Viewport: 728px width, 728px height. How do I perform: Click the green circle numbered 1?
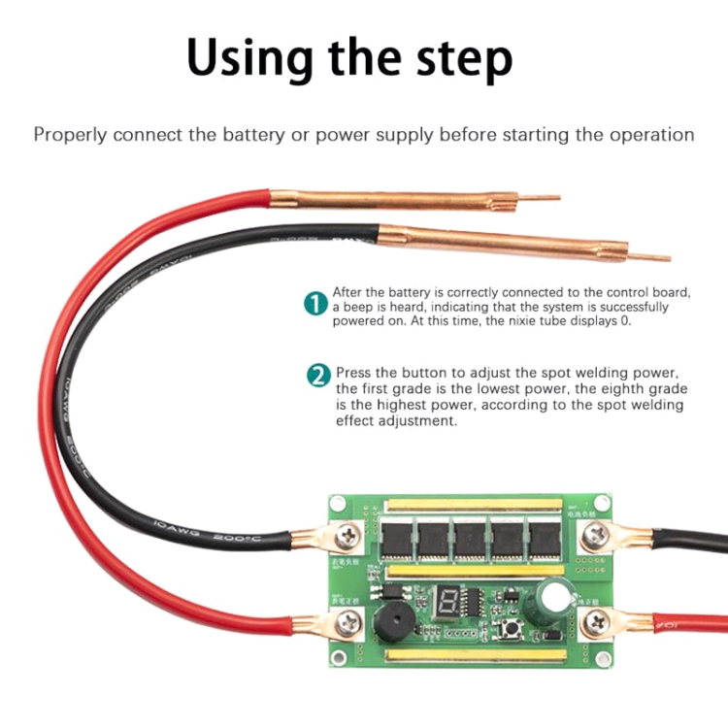(315, 304)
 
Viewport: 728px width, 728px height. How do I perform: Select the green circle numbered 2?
(317, 374)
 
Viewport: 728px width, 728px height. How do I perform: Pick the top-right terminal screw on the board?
(591, 533)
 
